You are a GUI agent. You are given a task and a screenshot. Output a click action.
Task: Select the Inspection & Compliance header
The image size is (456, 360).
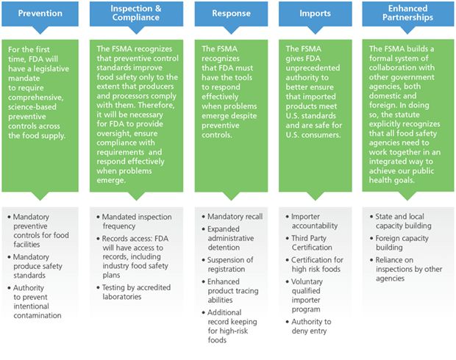coord(135,13)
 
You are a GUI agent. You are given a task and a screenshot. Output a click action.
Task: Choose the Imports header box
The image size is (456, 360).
coord(316,13)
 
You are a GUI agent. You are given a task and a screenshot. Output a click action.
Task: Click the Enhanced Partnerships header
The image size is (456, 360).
coord(408,13)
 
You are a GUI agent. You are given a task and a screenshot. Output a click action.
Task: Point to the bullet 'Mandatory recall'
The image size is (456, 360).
coord(234,217)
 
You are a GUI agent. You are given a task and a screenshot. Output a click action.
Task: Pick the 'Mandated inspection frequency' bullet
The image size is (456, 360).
coord(138,223)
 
